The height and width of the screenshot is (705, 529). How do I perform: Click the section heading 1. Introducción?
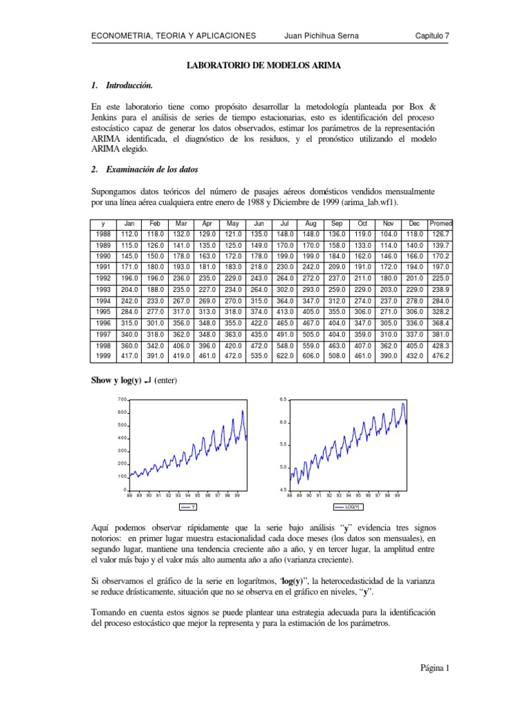(x=122, y=85)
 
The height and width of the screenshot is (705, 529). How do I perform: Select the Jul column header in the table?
(x=284, y=223)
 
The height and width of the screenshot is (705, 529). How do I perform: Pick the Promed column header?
(x=440, y=223)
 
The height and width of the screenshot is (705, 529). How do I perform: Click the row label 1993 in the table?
(x=103, y=291)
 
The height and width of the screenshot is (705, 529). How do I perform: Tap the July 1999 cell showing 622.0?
(x=284, y=356)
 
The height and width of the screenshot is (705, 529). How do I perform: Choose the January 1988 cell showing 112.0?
(x=128, y=234)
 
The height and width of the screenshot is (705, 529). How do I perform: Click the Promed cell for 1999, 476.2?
(x=440, y=356)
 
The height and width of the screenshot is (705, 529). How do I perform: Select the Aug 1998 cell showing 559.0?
(x=310, y=346)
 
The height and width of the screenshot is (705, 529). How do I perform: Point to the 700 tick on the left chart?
(x=123, y=400)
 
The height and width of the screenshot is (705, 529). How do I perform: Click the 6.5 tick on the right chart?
(x=283, y=400)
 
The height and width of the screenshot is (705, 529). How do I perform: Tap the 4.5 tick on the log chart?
(x=283, y=490)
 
